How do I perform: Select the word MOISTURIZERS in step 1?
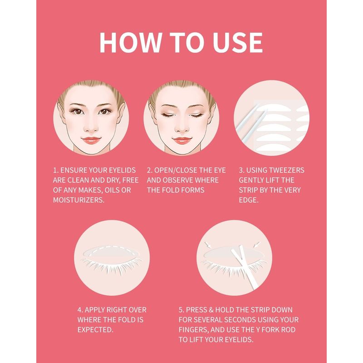point(78,200)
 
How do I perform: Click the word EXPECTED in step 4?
point(95,330)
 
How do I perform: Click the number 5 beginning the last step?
point(181,310)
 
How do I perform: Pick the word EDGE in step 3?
point(248,200)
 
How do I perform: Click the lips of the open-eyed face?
point(91,140)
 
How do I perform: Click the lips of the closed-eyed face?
point(182,140)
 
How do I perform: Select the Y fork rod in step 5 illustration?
point(244,266)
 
